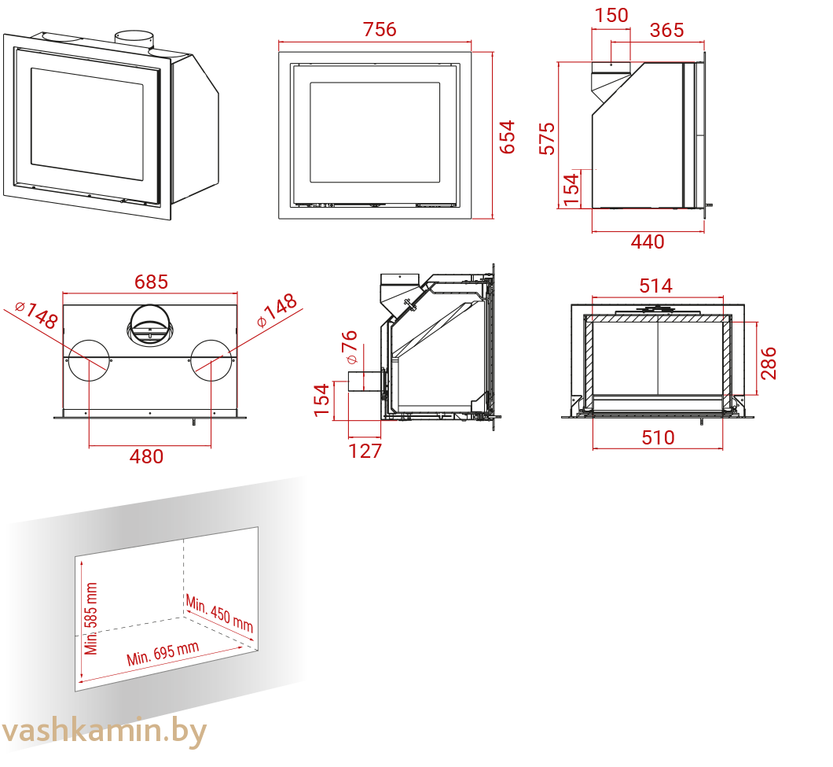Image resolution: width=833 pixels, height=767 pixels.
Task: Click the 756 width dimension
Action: click(380, 30)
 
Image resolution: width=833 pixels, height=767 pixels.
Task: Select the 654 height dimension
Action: click(508, 137)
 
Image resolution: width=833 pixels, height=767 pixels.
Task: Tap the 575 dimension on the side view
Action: click(547, 138)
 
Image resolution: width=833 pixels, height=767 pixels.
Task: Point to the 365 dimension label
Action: click(666, 31)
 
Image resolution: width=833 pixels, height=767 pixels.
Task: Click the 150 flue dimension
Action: click(611, 16)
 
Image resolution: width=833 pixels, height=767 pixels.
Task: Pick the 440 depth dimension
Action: click(648, 242)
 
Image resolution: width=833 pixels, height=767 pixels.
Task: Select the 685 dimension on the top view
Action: click(151, 282)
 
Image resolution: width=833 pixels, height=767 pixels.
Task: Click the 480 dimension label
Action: click(147, 456)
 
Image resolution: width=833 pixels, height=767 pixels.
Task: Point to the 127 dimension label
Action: click(365, 451)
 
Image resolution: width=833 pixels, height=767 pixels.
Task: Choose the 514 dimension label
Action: click(656, 286)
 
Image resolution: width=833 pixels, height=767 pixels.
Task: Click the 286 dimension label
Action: click(769, 363)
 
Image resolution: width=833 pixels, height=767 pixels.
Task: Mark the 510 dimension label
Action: click(659, 437)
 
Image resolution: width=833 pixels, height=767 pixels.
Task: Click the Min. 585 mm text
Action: click(91, 618)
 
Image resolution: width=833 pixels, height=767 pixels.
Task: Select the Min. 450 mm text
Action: click(219, 614)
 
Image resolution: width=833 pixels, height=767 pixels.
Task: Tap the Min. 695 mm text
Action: click(163, 653)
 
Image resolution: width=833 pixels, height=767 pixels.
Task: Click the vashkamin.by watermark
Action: click(104, 732)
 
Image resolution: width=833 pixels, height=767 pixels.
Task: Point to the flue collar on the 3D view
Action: click(135, 40)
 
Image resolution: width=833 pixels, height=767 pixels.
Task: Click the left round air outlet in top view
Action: click(90, 360)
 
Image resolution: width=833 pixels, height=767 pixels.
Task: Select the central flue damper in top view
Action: click(150, 326)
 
